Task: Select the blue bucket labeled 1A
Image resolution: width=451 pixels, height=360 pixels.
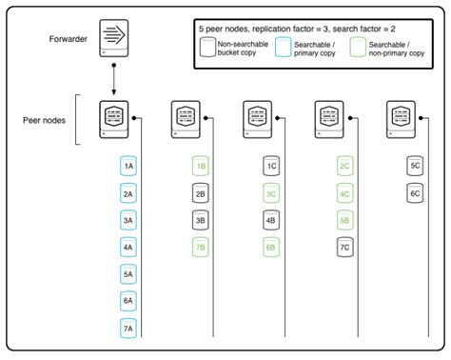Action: (x=128, y=166)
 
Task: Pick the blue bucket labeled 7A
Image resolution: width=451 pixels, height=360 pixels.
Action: (x=128, y=329)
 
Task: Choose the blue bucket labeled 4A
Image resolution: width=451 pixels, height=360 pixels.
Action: (x=128, y=247)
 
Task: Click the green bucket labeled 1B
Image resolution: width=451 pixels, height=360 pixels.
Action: (x=201, y=166)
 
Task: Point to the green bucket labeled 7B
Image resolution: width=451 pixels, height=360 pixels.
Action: (x=201, y=247)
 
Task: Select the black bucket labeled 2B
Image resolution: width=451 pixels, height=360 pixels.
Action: (x=201, y=192)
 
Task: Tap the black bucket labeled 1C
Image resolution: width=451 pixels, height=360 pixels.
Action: (x=272, y=166)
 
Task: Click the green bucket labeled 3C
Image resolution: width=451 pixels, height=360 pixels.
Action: (x=272, y=192)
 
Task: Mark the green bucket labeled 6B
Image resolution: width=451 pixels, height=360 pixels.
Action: (x=272, y=247)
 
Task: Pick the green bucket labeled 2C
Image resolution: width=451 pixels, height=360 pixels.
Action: (x=344, y=166)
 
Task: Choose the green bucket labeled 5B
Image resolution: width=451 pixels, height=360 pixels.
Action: (x=344, y=220)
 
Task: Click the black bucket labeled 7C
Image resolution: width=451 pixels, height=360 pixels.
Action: (x=344, y=247)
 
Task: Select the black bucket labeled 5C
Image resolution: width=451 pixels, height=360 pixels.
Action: (x=416, y=166)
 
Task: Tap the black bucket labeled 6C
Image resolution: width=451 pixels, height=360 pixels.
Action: (x=416, y=192)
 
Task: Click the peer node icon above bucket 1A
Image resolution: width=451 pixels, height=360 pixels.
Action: (x=114, y=119)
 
